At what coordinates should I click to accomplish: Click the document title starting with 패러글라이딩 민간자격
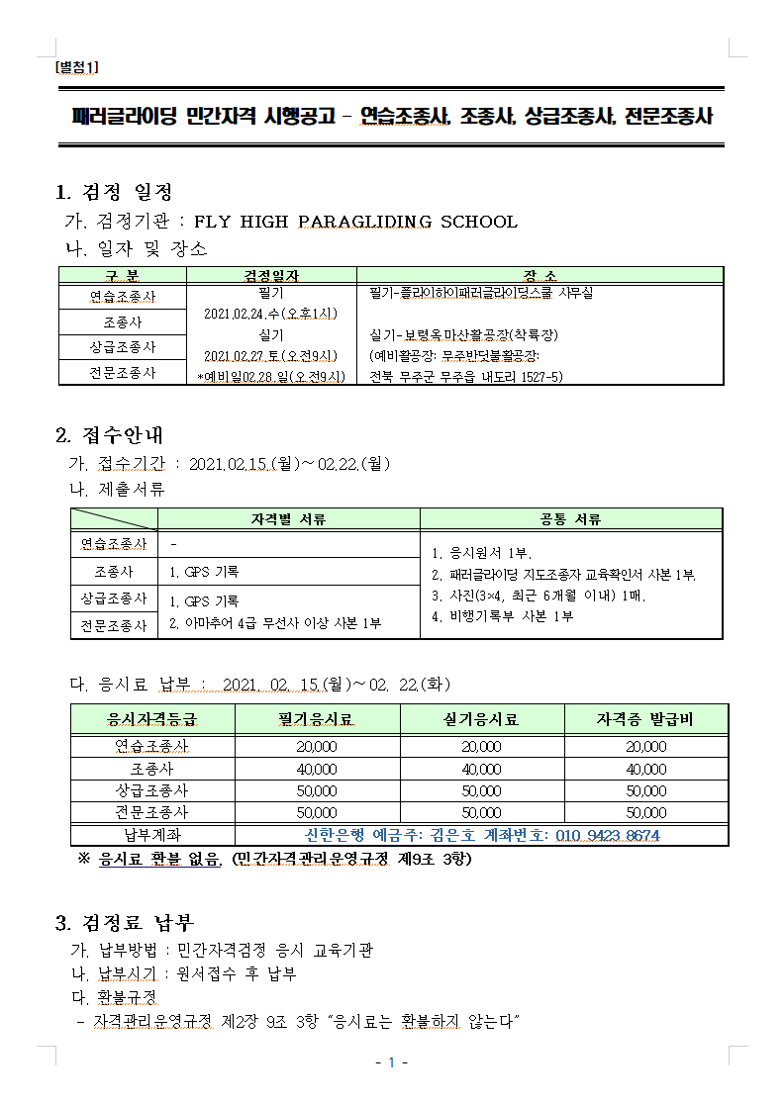coord(393,116)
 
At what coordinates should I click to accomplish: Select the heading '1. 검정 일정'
coord(114,192)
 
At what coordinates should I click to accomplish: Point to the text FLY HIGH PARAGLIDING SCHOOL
coord(355,222)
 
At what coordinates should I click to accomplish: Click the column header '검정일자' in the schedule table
coord(271,276)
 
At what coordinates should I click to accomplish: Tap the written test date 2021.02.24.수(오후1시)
coord(271,314)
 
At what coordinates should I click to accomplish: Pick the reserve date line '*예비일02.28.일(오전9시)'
coord(271,376)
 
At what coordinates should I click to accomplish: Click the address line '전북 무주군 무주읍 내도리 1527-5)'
coord(465,376)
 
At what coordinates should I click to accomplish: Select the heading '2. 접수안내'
coord(109,434)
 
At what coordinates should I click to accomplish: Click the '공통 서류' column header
coord(570,519)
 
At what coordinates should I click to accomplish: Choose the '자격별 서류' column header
coord(288,519)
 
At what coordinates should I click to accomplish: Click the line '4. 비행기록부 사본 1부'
coord(502,616)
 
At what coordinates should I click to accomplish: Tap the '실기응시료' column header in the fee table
coord(481,719)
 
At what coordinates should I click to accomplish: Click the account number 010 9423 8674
coord(608,836)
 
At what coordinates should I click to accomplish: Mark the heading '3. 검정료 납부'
coord(125,924)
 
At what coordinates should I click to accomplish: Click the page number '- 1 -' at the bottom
coord(392,1062)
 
